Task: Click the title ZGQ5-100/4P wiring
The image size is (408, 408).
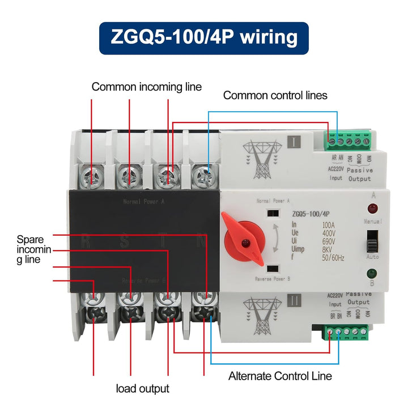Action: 204,38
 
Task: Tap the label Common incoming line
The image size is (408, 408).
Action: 147,87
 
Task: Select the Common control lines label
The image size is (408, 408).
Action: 275,95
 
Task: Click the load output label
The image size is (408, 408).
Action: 142,388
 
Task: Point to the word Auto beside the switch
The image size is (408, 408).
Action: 373,257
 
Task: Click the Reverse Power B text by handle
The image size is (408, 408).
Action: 273,279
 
